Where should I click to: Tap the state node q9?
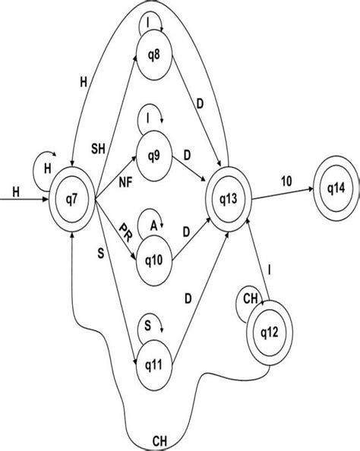(x=155, y=157)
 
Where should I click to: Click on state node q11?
(x=153, y=365)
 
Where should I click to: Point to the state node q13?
(x=229, y=200)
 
